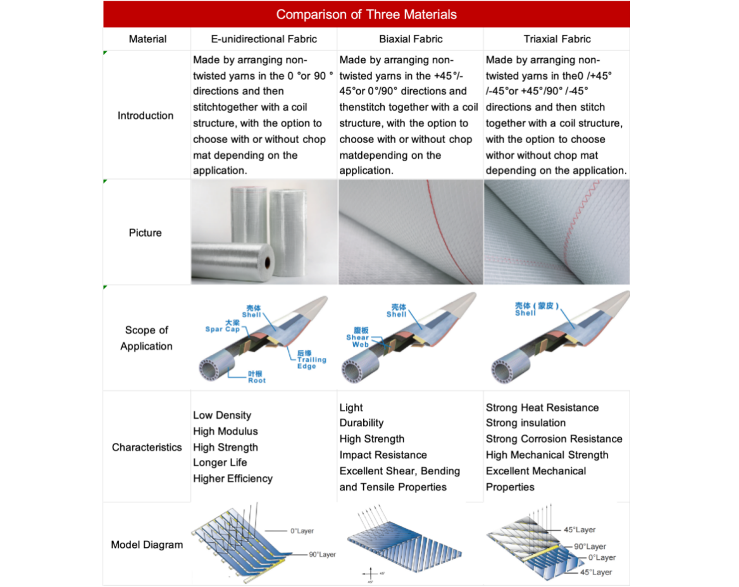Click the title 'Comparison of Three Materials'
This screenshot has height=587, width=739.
coord(366,14)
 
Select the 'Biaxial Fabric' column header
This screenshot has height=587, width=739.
coord(411,39)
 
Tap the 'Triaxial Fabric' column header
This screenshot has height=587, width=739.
coord(557,39)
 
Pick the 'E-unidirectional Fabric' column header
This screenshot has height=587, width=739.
coord(264,39)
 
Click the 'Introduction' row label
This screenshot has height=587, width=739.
coord(146,116)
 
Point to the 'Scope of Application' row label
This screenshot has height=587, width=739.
coord(146,338)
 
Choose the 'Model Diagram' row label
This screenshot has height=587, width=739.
coord(147,545)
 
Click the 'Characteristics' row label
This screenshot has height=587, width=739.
coord(147,447)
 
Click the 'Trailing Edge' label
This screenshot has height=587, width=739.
coord(311,360)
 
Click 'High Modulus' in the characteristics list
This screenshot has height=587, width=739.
coord(225,431)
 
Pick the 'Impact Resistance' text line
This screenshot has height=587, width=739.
coord(383,455)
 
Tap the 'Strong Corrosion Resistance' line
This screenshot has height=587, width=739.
coord(554,439)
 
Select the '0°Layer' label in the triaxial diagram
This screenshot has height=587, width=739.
coord(601,558)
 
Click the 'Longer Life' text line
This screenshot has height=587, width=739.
coord(220,463)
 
